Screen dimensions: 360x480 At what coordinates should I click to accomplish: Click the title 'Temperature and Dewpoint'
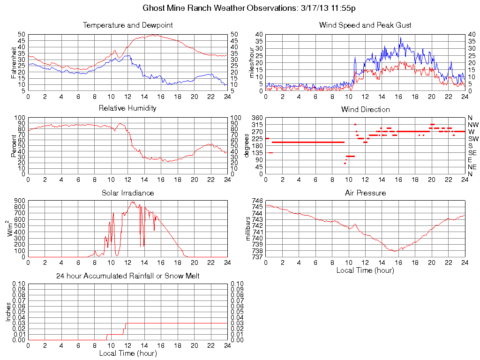pyautogui.click(x=127, y=25)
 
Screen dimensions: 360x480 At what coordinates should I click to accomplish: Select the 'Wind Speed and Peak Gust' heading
pyautogui.click(x=365, y=25)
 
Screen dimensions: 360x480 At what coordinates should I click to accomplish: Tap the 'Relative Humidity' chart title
pyautogui.click(x=127, y=108)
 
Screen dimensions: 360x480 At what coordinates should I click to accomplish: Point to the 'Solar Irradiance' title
pyautogui.click(x=127, y=193)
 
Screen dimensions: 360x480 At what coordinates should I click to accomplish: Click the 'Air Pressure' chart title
pyautogui.click(x=365, y=193)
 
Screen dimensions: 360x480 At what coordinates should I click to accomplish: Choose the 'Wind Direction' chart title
pyautogui.click(x=365, y=110)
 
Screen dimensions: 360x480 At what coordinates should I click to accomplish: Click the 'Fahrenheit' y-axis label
pyautogui.click(x=15, y=63)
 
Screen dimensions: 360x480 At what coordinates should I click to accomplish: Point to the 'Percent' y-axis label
pyautogui.click(x=15, y=145)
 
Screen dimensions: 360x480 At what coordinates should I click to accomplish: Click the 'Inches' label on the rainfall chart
pyautogui.click(x=8, y=311)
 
